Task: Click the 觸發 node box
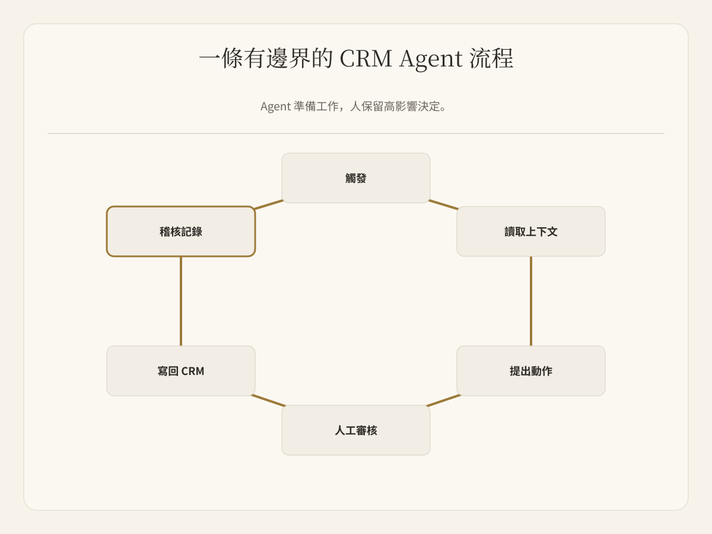[x=356, y=178]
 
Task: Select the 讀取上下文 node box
[x=530, y=231]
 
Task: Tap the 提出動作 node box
[x=530, y=371]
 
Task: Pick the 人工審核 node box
[x=356, y=430]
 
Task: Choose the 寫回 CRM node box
[x=181, y=371]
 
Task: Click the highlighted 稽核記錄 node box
[x=181, y=231]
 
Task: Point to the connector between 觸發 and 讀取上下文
[x=443, y=205]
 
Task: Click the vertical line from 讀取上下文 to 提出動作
[x=530, y=301]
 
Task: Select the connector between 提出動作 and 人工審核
[x=443, y=401]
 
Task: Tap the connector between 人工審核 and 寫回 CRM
[x=268, y=401]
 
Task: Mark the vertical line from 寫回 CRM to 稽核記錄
[x=181, y=301]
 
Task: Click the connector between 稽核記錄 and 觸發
[x=268, y=205]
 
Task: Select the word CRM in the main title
[x=365, y=58]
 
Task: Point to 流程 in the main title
[x=491, y=58]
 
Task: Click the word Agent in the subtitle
[x=275, y=107]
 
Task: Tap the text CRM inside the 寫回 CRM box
[x=192, y=371]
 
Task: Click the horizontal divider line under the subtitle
[x=356, y=133]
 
